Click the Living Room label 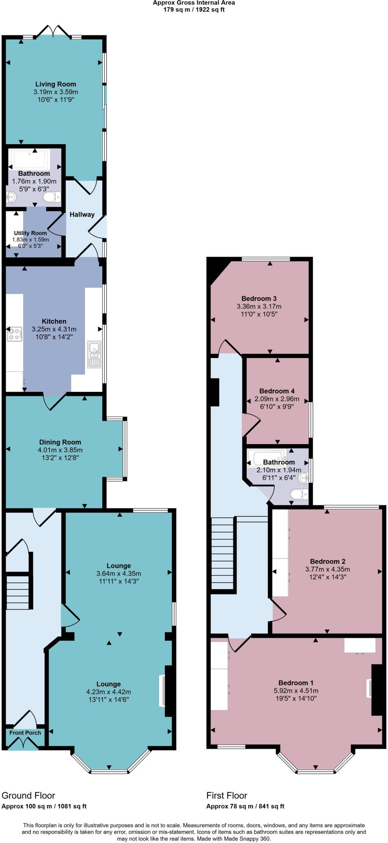(56, 84)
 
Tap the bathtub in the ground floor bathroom (31, 159)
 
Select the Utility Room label (30, 233)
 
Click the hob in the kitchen (14, 333)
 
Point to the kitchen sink (94, 354)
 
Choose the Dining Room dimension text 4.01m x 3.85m (60, 450)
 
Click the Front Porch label (25, 733)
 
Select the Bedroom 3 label (259, 298)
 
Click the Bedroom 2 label (327, 561)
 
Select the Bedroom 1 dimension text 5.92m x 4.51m (296, 691)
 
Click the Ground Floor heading (28, 795)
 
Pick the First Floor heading (227, 795)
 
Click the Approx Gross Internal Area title (194, 3)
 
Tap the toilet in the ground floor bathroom (51, 198)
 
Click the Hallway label (82, 214)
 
